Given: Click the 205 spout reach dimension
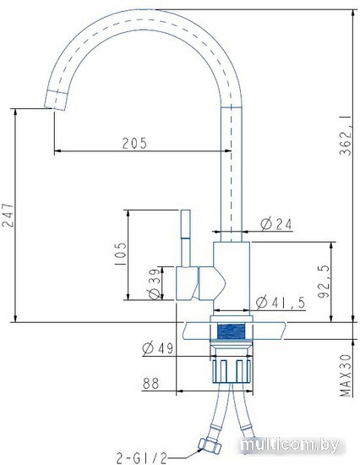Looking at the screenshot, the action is [x=135, y=143].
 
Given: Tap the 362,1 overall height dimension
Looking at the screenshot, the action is [x=346, y=135].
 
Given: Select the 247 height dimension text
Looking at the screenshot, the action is [x=7, y=215].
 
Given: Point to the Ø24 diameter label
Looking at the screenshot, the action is [x=276, y=224].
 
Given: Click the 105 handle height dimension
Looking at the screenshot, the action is [x=120, y=254].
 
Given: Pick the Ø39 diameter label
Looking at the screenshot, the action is [x=155, y=284].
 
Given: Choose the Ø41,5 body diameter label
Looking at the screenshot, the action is [x=281, y=303].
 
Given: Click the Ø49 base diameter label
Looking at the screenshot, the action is [x=157, y=347].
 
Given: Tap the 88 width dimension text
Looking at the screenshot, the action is [x=151, y=383].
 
